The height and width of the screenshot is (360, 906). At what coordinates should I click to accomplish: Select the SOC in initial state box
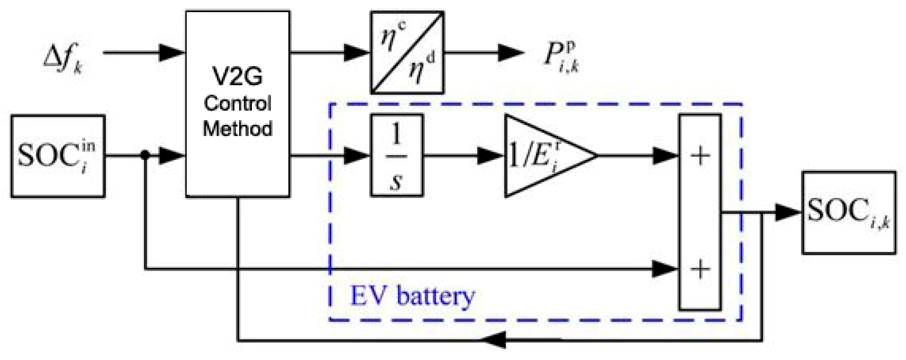(x=57, y=156)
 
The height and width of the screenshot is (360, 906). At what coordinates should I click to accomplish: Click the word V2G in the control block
(x=237, y=76)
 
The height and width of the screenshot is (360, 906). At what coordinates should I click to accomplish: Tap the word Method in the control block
(x=237, y=129)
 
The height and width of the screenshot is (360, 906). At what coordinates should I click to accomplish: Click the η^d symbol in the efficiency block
(x=421, y=67)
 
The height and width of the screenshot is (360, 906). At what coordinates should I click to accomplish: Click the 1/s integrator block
(x=397, y=155)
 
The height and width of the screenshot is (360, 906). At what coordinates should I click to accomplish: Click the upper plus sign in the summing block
(x=700, y=156)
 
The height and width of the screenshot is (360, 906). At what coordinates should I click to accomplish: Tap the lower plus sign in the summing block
(x=700, y=269)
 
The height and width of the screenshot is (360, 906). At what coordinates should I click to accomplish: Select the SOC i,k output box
(x=849, y=213)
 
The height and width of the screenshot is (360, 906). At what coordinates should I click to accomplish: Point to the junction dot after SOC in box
(x=145, y=155)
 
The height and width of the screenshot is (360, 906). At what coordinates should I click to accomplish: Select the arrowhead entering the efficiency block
(x=356, y=53)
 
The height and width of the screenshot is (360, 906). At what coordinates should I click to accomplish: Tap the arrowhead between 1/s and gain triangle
(x=490, y=156)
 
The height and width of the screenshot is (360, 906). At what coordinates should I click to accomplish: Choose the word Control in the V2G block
(x=237, y=103)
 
